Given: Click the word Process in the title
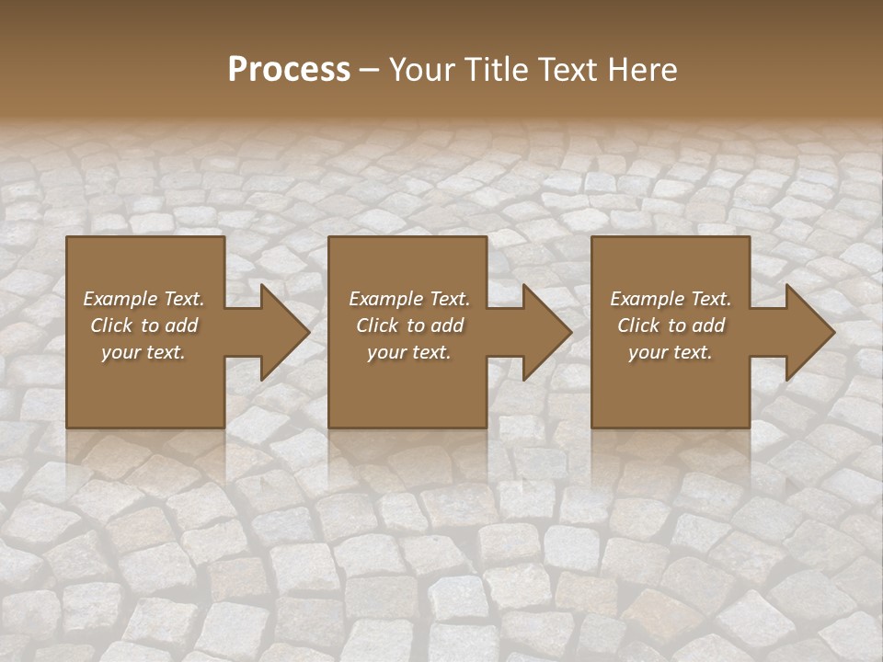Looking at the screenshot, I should [x=289, y=70].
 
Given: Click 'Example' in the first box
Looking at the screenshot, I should [x=120, y=299].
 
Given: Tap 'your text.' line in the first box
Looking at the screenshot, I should [x=143, y=352].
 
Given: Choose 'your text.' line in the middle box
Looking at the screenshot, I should [x=409, y=352].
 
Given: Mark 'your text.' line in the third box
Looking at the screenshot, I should [x=671, y=352].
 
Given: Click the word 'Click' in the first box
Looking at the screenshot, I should [x=111, y=325].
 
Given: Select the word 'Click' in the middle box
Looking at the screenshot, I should [x=377, y=325].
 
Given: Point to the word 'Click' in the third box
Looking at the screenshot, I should [x=638, y=325].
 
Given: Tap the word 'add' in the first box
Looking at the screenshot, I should [x=182, y=325].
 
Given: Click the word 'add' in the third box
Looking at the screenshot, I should [x=709, y=325].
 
